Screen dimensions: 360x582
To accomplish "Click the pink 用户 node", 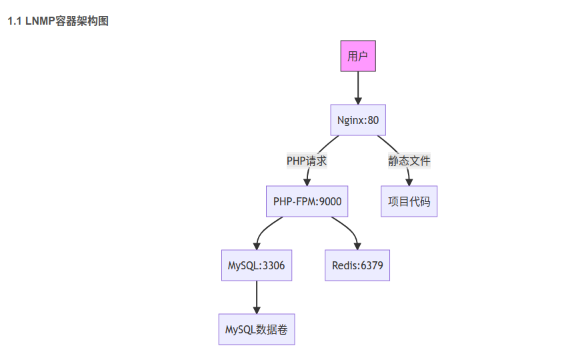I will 358,56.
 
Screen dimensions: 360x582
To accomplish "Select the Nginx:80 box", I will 358,120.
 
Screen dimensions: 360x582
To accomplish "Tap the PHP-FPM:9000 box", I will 307,201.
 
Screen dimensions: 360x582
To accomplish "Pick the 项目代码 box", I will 409,201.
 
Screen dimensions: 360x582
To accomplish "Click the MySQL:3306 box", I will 256,265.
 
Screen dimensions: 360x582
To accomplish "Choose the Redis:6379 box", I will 357,265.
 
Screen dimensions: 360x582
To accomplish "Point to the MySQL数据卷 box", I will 256,329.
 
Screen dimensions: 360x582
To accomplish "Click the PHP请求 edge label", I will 307,161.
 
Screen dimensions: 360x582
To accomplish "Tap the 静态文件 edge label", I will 409,161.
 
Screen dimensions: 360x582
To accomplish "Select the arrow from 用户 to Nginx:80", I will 358,87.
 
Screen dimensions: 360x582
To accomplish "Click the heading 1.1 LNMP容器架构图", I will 58,21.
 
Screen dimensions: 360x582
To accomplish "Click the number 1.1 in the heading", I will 15,21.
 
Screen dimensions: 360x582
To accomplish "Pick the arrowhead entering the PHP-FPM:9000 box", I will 307,181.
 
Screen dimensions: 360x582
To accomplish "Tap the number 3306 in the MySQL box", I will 273,265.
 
